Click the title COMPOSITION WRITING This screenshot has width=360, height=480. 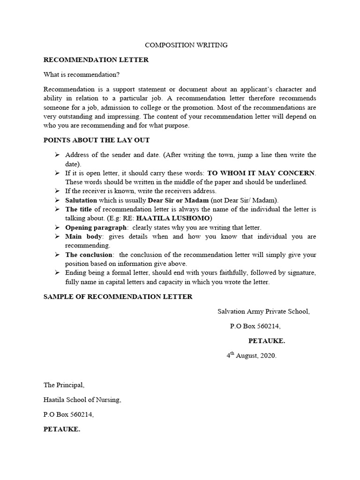click(186, 45)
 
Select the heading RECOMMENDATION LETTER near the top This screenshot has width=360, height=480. click(96, 60)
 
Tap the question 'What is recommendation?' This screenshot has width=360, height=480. click(82, 75)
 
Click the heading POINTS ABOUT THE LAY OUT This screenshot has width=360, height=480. click(97, 140)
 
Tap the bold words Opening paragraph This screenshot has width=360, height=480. click(96, 227)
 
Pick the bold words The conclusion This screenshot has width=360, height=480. click(89, 255)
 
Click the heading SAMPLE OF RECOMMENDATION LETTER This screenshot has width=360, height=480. click(118, 297)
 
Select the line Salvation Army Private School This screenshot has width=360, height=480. click(263, 311)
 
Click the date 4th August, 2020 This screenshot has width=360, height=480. click(252, 356)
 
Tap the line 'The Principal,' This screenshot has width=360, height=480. click(64, 385)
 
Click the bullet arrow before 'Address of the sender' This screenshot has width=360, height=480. click(57, 155)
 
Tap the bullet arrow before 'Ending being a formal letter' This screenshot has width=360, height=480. click(57, 273)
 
